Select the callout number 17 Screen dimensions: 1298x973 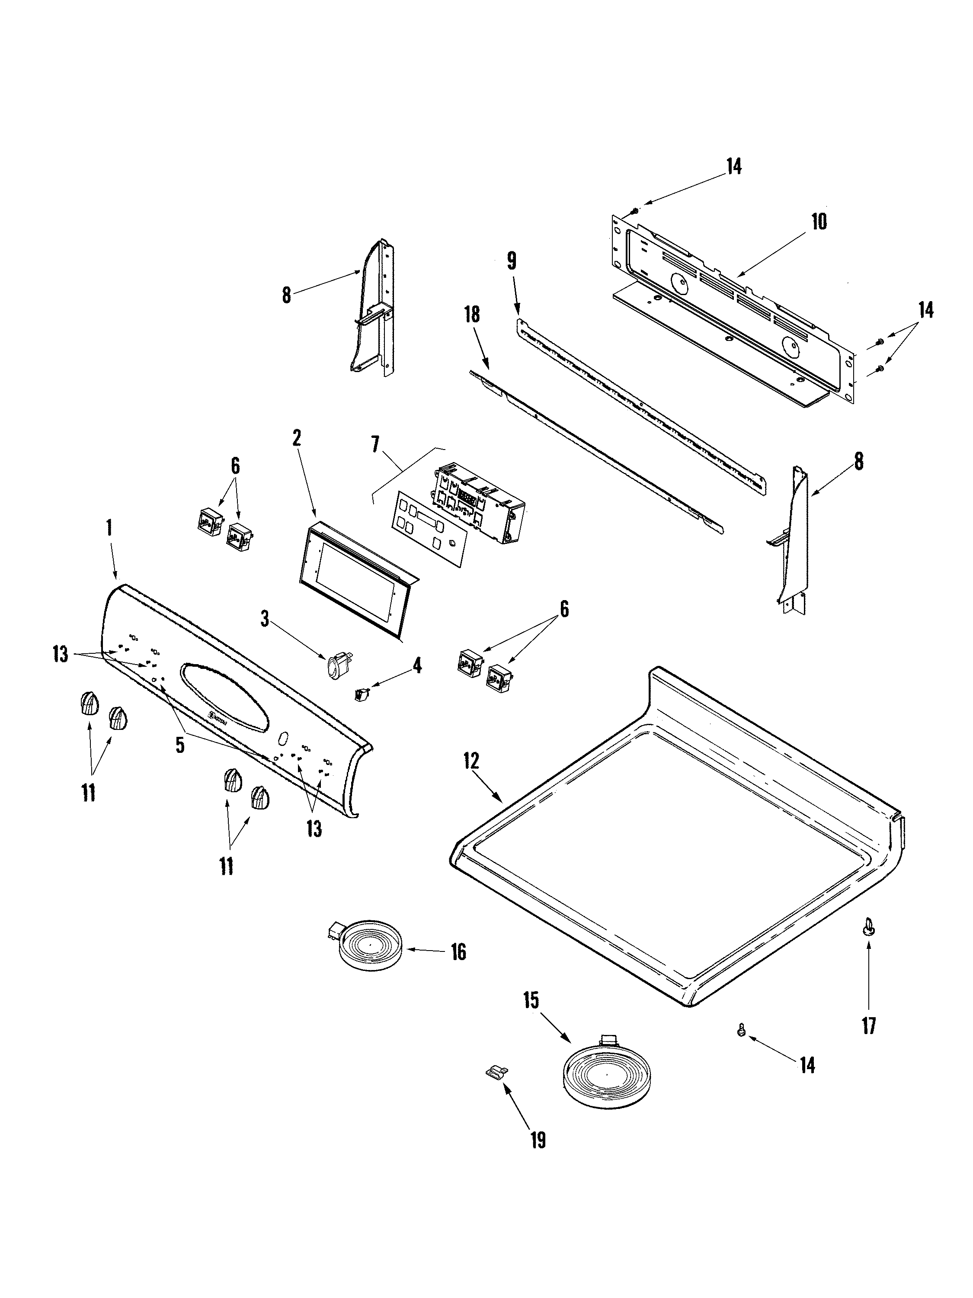pos(869,1026)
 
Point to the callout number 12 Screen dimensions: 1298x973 pos(471,761)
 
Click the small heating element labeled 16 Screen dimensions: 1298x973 pos(369,949)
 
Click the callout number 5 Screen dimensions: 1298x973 pos(179,745)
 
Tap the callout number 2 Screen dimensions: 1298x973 pos(297,438)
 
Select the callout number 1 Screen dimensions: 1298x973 pos(109,527)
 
